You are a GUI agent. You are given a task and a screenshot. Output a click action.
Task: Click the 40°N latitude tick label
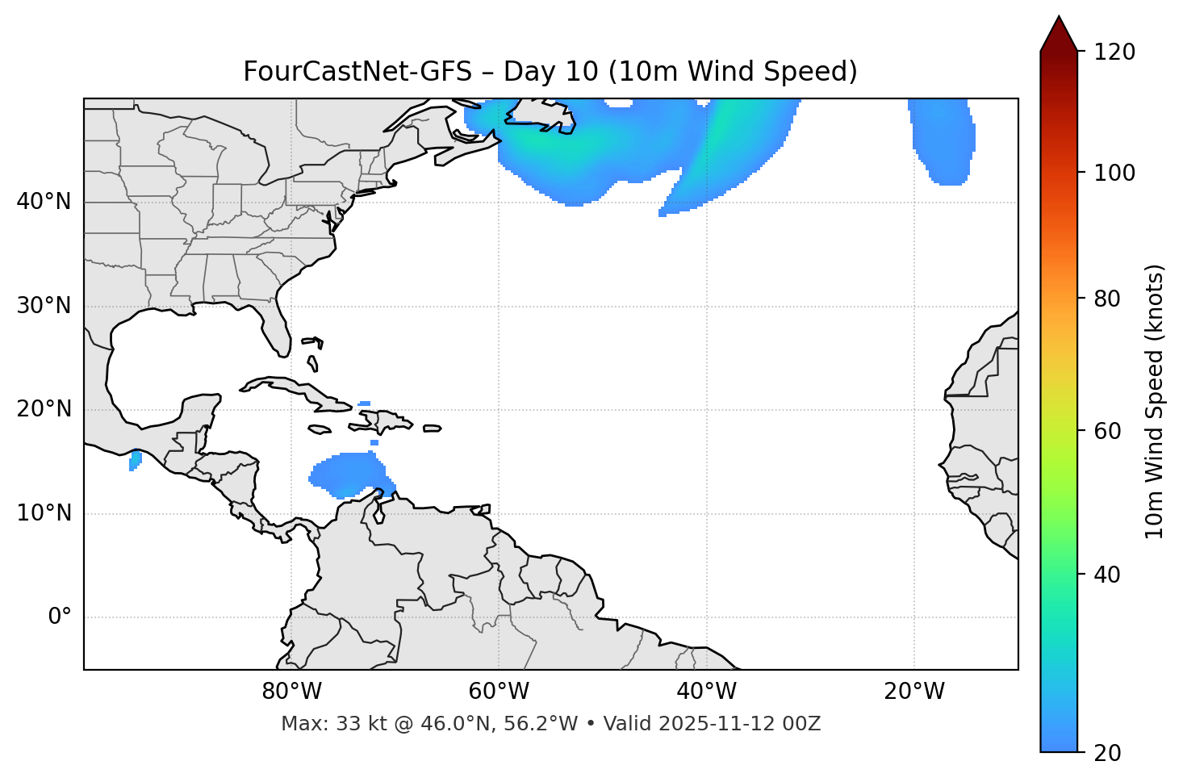coord(44,202)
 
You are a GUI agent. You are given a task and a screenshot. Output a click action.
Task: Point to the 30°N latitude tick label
coord(44,306)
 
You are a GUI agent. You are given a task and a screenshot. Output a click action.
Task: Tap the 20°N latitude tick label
coord(44,409)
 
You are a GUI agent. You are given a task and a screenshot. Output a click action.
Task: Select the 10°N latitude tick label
coord(44,513)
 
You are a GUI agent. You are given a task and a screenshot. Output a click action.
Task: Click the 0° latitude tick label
coord(59,617)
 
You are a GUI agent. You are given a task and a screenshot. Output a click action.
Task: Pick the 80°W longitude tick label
coord(291,692)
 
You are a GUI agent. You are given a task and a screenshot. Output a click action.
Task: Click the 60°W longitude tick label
coord(499,692)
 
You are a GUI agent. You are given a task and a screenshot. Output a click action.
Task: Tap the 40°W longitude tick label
coord(706,692)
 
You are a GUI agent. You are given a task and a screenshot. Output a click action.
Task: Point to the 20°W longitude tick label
coord(913,692)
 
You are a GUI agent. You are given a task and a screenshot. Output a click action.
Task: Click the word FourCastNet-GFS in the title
coord(357,72)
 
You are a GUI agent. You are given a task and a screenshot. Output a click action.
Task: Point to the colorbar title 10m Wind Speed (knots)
coord(1155,401)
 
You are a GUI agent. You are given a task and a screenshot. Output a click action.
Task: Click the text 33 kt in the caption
coord(356,724)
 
